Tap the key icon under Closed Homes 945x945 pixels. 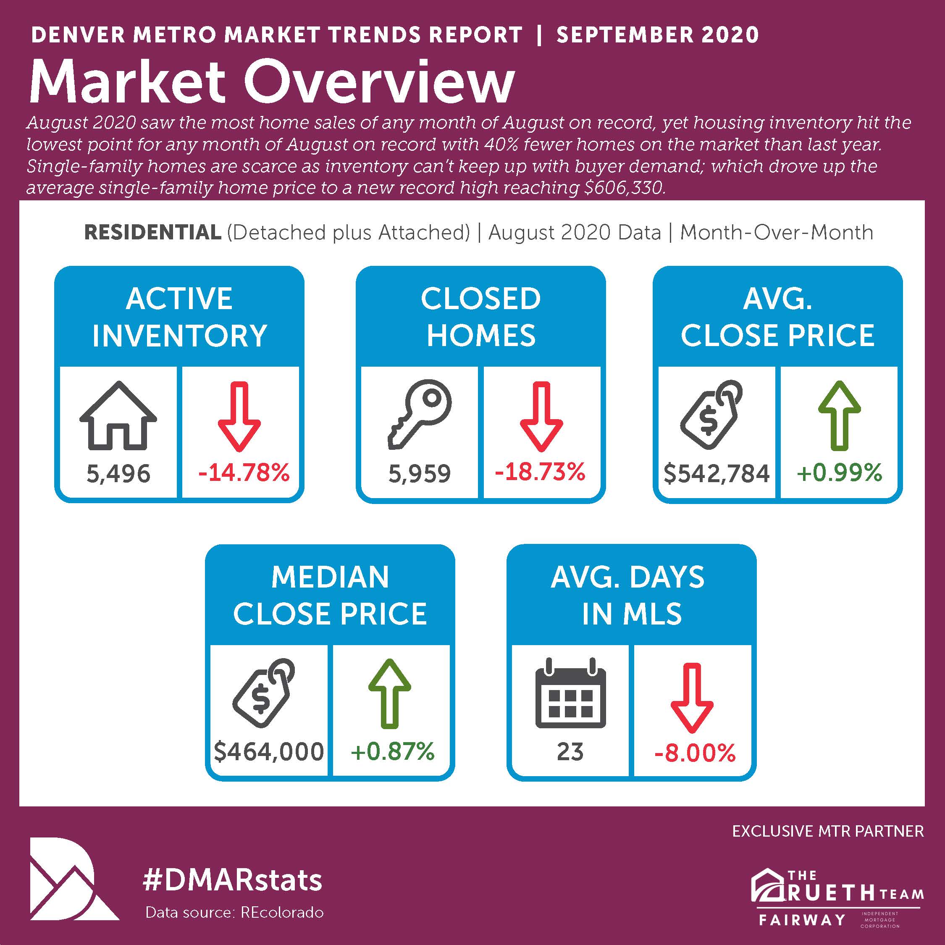(x=420, y=414)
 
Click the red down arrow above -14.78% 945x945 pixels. (x=239, y=416)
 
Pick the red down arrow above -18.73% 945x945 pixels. (x=541, y=416)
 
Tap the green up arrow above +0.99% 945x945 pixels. (x=839, y=415)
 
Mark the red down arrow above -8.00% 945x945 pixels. (x=692, y=698)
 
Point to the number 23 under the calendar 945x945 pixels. (x=570, y=752)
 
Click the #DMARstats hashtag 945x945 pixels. (x=232, y=880)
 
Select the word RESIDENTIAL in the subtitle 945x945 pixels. (x=152, y=232)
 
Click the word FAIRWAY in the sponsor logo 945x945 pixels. (x=802, y=920)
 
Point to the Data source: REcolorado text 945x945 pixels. (x=235, y=913)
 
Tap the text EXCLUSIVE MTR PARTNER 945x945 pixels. (x=828, y=845)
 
